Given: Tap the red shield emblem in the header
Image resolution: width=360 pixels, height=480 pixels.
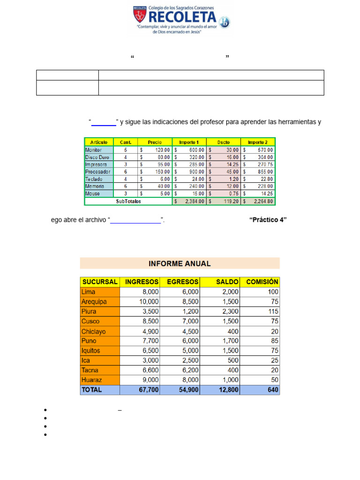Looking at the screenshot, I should point(139,15).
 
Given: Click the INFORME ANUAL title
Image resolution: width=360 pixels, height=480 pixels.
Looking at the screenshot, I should point(180,263).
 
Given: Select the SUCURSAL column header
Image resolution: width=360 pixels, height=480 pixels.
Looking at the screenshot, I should point(100,282).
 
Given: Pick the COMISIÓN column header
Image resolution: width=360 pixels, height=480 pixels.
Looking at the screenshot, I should point(262,282).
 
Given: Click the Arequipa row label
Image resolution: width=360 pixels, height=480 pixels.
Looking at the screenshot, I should point(94,301).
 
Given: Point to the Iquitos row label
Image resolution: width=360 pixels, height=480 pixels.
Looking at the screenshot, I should point(91,351).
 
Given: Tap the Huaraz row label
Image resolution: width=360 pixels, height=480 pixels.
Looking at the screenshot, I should point(91,380).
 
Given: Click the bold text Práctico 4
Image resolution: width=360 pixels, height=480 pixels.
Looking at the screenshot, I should point(268,220).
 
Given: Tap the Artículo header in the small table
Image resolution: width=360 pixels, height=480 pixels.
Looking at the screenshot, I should point(99,142).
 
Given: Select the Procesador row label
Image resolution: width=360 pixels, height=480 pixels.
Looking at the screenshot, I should point(98,172).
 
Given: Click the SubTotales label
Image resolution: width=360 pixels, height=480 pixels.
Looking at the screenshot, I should point(128,201).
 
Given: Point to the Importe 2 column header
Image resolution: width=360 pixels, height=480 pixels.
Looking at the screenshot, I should point(258,142).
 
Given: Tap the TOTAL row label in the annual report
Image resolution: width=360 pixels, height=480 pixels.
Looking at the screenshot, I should point(91,390).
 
